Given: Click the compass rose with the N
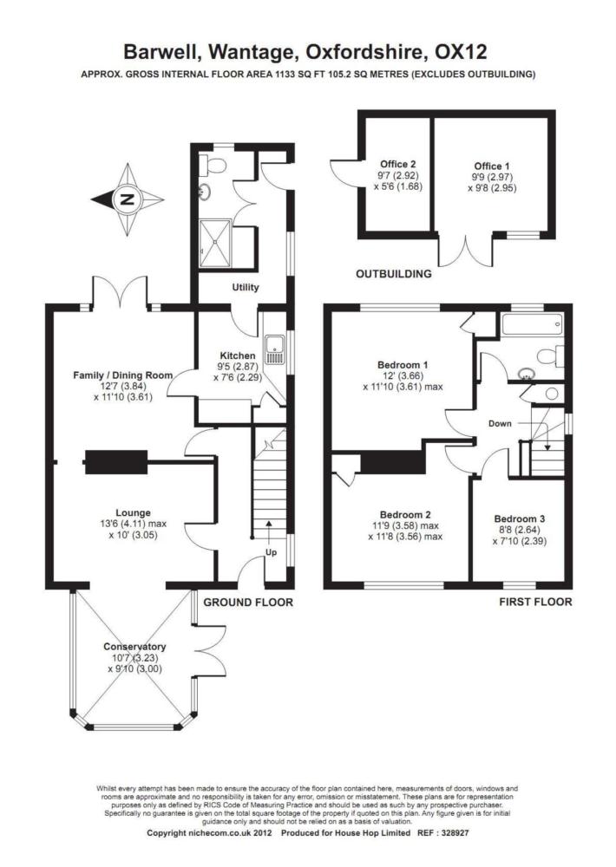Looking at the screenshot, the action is click(128, 199).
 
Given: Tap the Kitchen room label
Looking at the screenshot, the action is click(238, 355).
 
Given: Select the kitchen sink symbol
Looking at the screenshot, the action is click(274, 350).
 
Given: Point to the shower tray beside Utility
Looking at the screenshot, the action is click(215, 242).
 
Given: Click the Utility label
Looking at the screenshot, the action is click(246, 287).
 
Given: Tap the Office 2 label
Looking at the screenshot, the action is click(398, 164).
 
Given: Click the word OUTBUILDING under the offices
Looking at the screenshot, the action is click(394, 274).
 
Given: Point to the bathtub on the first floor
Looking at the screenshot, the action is click(533, 323).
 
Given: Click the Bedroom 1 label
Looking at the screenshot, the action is click(403, 365).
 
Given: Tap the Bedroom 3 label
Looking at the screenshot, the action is click(519, 518).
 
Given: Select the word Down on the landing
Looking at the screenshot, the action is click(500, 424).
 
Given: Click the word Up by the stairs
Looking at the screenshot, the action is click(272, 552).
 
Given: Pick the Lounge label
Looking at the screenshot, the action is click(133, 512).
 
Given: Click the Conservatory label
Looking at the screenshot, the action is click(134, 647).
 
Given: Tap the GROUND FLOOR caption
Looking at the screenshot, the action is click(248, 603).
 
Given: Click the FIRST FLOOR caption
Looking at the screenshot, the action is click(535, 602).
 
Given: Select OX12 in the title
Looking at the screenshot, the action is click(461, 52).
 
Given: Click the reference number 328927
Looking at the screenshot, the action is click(455, 832).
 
